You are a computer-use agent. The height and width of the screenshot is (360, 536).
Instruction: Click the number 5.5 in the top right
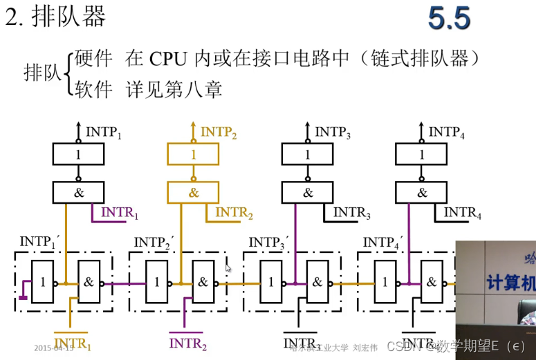pyautogui.click(x=449, y=19)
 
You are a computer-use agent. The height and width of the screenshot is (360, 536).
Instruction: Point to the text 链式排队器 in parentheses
pyautogui.click(x=422, y=58)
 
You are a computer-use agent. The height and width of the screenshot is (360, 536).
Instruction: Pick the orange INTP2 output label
pyautogui.click(x=218, y=133)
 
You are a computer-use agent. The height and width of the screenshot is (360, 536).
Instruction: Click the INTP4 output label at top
pyautogui.click(x=446, y=132)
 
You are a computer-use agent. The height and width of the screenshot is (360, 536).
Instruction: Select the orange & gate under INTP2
pyautogui.click(x=193, y=192)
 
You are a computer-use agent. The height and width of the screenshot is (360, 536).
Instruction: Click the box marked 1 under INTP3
pyautogui.click(x=308, y=155)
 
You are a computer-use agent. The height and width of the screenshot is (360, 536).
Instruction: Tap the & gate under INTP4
pyautogui.click(x=422, y=192)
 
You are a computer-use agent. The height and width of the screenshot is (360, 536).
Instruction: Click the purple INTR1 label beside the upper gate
pyautogui.click(x=120, y=213)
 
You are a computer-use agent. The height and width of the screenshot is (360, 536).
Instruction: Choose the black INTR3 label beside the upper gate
pyautogui.click(x=351, y=214)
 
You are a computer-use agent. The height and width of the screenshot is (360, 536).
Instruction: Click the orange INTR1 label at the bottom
pyautogui.click(x=73, y=343)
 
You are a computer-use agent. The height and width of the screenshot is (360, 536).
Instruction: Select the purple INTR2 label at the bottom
pyautogui.click(x=187, y=343)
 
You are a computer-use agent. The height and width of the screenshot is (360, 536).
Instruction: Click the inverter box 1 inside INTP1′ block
pyautogui.click(x=43, y=282)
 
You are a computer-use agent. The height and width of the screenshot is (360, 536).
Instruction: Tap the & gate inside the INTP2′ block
pyautogui.click(x=203, y=282)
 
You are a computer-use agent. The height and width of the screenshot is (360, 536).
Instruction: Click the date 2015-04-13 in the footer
pyautogui.click(x=54, y=348)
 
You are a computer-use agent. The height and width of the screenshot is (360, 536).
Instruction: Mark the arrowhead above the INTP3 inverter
pyautogui.click(x=308, y=126)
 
